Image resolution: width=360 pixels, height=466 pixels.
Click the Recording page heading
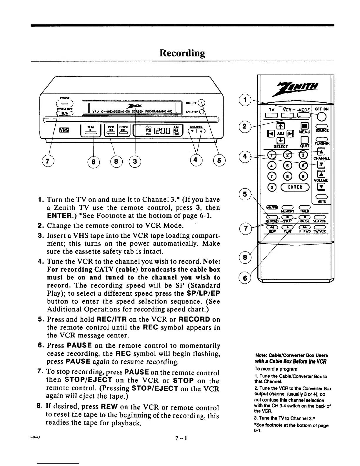pos(182,53)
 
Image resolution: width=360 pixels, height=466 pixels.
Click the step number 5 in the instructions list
pos(41,319)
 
